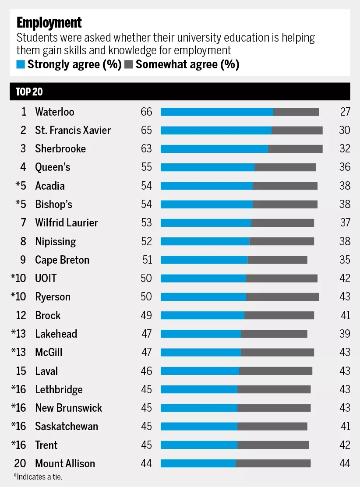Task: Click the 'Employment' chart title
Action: tap(49, 22)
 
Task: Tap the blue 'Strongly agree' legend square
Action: tap(21, 65)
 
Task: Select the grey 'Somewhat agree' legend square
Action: tap(129, 65)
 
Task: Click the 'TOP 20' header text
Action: tap(29, 92)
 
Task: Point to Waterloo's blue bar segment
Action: tap(217, 112)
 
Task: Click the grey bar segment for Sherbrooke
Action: tap(295, 149)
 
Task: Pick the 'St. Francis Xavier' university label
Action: tap(73, 131)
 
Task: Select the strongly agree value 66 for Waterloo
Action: tap(146, 112)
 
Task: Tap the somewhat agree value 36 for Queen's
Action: tap(345, 167)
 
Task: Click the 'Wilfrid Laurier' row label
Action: tap(67, 223)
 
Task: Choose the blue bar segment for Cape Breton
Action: tap(204, 260)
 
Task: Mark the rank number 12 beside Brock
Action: tap(21, 315)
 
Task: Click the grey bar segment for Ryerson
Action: tap(282, 297)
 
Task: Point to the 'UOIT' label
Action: tap(46, 279)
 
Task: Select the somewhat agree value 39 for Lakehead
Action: tap(345, 334)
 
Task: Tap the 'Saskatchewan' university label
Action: tap(67, 427)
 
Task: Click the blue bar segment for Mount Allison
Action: tap(198, 463)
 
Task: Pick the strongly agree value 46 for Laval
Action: tap(146, 371)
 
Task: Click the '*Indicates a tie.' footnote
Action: tap(38, 476)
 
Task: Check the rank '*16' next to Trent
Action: tap(19, 445)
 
